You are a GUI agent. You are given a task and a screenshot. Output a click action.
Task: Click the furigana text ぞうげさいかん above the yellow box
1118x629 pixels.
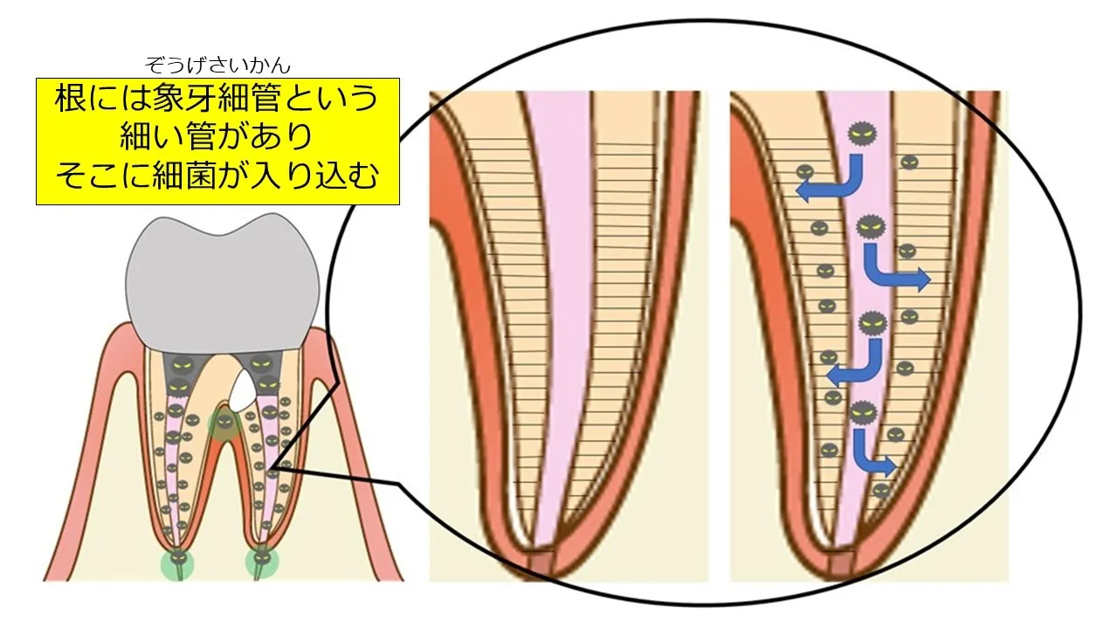[x=217, y=66]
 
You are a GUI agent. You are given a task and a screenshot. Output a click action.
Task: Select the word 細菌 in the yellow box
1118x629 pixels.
[x=184, y=175]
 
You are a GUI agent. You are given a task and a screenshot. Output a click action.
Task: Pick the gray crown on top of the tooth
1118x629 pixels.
[x=222, y=285]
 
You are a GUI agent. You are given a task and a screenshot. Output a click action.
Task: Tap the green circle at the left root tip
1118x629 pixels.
[x=177, y=563]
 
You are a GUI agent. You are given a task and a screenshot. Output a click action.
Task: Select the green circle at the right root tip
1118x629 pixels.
[x=261, y=561]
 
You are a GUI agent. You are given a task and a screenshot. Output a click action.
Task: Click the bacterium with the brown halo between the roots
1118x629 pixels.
[x=223, y=424]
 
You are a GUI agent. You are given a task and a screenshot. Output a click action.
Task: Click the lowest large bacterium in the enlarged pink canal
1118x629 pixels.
[x=864, y=412]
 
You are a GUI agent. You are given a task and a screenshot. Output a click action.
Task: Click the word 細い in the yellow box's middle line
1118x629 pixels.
[x=153, y=137]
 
